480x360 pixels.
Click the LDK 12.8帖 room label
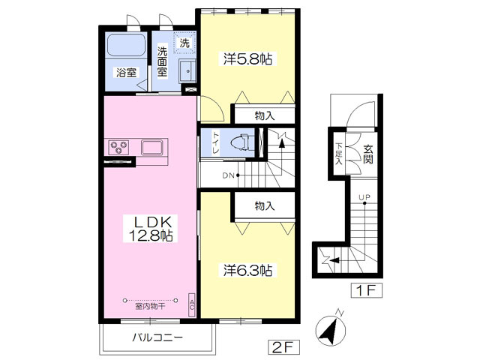(151, 228)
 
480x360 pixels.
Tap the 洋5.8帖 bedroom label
(248, 58)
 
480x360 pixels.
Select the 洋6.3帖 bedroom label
(248, 270)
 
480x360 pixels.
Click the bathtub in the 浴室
(126, 45)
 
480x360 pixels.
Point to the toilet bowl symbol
(241, 142)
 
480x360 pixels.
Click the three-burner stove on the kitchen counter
(118, 147)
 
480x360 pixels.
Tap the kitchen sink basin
(153, 147)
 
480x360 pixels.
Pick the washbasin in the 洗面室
(187, 70)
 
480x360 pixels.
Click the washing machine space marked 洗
(184, 43)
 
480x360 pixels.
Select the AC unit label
(192, 305)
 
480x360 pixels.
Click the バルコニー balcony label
(157, 337)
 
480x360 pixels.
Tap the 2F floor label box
(283, 346)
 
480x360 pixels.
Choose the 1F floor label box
(367, 290)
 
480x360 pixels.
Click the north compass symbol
(331, 328)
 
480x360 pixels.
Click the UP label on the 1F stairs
(364, 197)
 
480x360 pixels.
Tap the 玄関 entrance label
(368, 154)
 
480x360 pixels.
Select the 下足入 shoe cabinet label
(339, 154)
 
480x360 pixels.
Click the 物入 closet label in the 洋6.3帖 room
(265, 206)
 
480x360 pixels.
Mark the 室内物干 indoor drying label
(151, 306)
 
